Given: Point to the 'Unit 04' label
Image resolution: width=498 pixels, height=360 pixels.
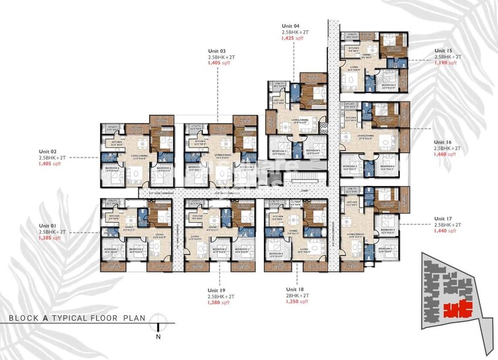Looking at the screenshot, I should point(292,24).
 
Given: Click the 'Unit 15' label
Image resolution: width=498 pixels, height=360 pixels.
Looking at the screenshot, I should point(443,51).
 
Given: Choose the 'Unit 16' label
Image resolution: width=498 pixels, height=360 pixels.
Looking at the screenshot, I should point(443,142).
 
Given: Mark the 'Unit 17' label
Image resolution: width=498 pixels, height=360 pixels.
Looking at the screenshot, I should point(443,218).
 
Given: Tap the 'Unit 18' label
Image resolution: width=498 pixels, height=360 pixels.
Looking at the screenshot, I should point(296,289).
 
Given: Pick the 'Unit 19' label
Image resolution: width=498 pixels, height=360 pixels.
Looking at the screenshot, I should point(218,289).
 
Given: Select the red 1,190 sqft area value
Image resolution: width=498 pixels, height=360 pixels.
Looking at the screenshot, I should point(443,65).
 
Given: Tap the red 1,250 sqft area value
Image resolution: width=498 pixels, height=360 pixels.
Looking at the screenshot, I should point(296,304).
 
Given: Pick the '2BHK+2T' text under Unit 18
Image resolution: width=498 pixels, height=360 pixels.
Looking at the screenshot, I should point(296,297).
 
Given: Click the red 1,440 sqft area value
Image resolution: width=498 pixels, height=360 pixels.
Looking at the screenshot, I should point(443,232).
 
